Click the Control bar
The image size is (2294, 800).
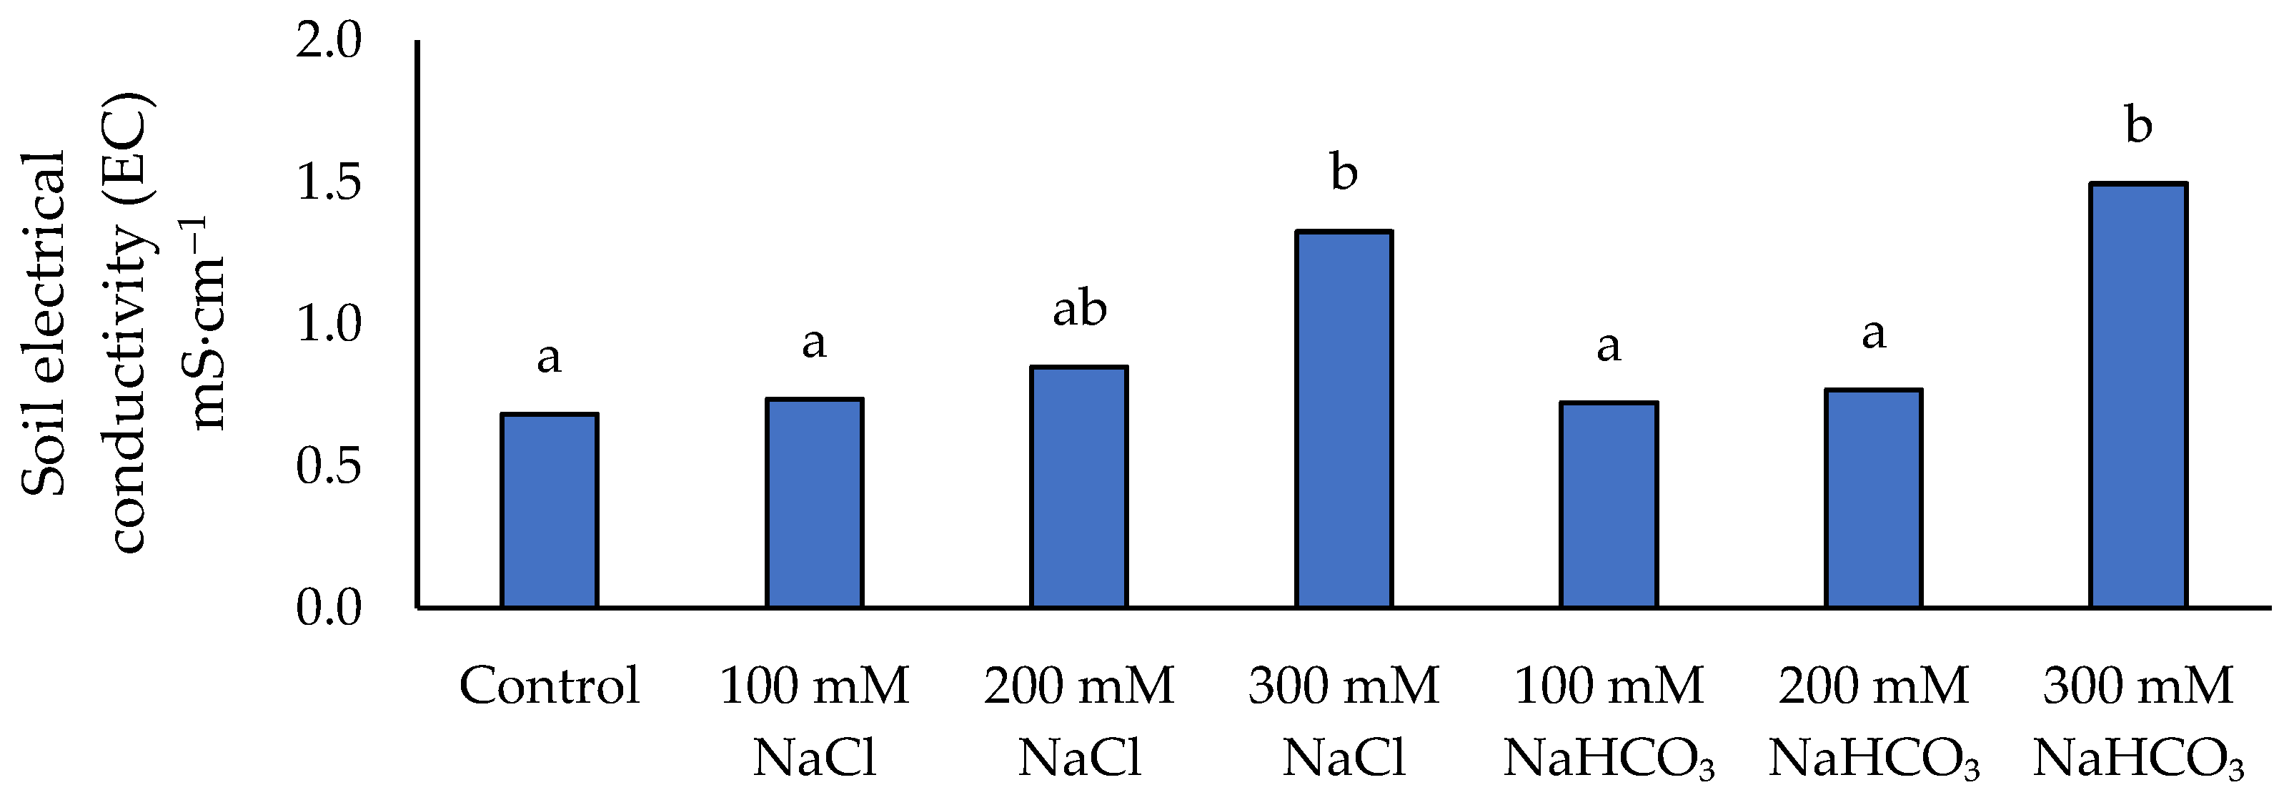[x=549, y=510]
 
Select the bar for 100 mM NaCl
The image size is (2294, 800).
[x=814, y=503]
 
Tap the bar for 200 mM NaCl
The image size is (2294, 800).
[x=1078, y=488]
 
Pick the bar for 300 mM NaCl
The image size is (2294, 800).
[x=1343, y=420]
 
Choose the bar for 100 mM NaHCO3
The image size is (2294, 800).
[x=1608, y=505]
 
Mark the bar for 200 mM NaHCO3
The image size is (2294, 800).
[x=1873, y=499]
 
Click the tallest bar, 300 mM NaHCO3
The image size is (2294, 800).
[x=2138, y=395]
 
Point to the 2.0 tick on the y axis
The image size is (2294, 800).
[x=329, y=42]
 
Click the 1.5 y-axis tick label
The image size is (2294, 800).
[x=329, y=184]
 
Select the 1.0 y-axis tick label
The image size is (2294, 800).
[x=329, y=325]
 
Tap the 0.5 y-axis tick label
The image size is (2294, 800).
[x=329, y=467]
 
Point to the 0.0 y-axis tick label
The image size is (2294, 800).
[x=329, y=608]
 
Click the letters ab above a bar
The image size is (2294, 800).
[x=1078, y=308]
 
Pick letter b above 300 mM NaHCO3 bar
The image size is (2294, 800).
[x=2138, y=124]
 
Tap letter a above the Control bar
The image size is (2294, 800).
[x=549, y=358]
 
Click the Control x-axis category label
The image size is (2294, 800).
[x=549, y=686]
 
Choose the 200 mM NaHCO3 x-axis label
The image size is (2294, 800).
[x=1873, y=721]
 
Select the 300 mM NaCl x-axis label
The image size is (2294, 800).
[x=1343, y=721]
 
